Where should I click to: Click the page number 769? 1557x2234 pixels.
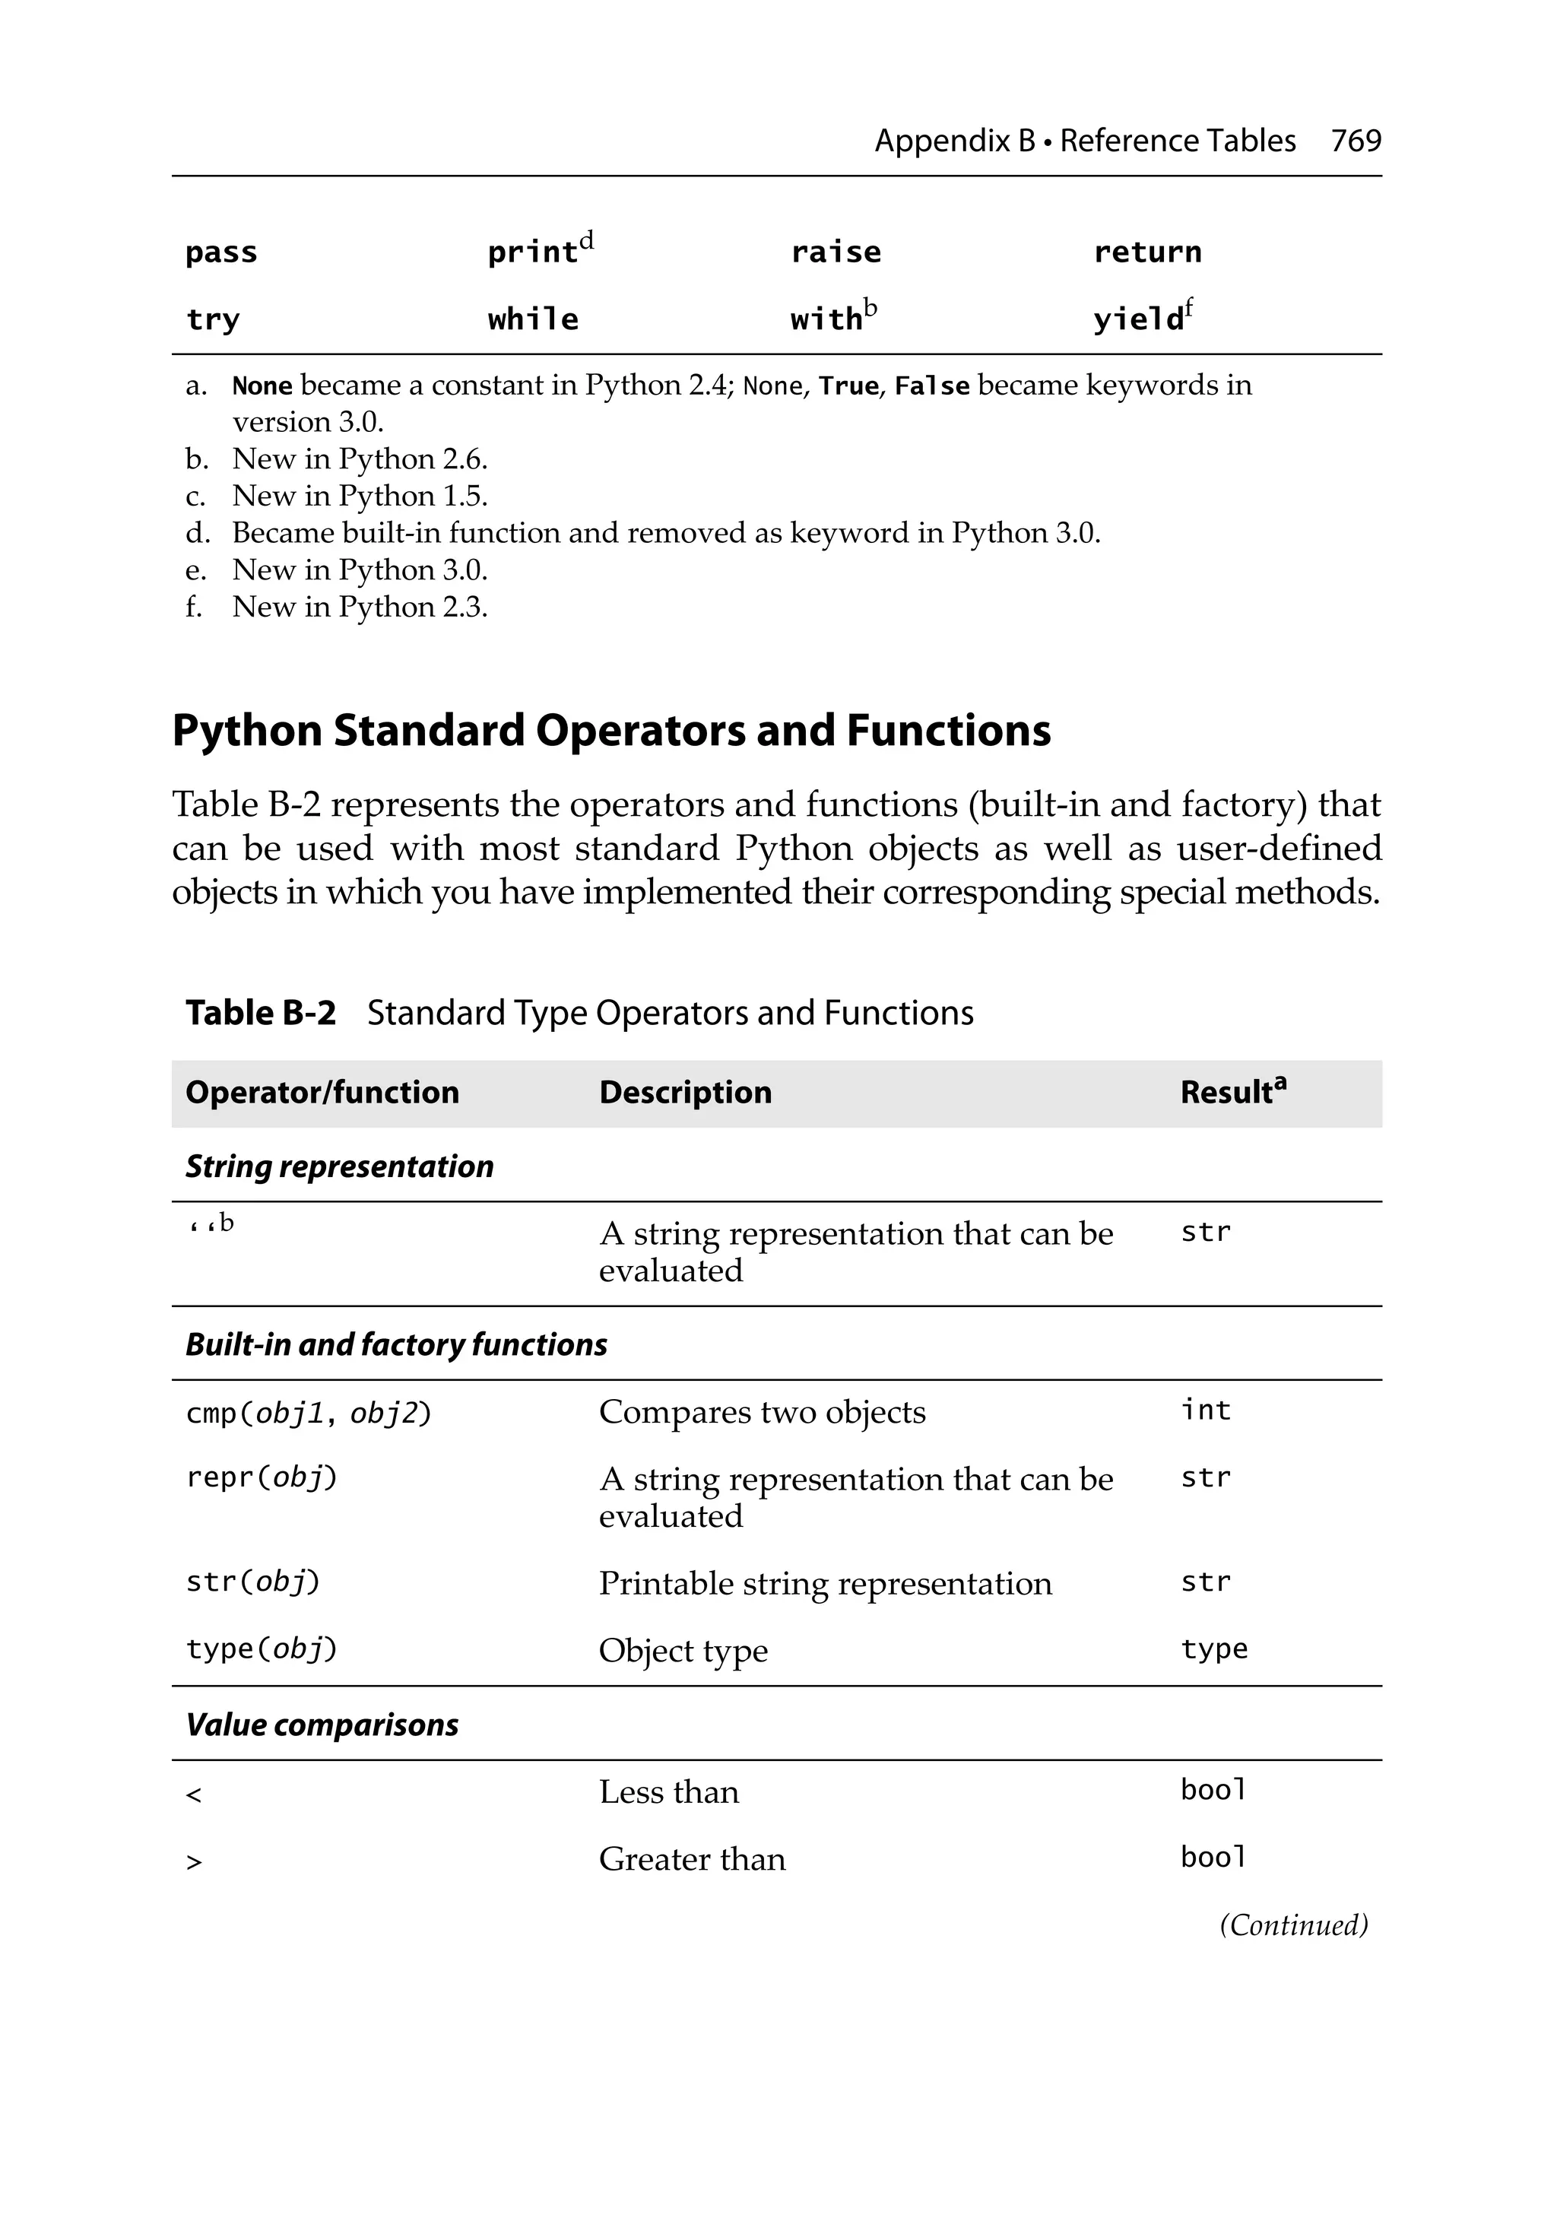pos(1355,141)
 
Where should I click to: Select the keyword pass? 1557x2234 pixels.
pos(221,253)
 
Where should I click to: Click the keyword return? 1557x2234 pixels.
pos(1146,253)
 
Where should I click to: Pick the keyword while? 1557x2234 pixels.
pos(532,319)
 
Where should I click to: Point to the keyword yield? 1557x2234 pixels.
pos(1137,319)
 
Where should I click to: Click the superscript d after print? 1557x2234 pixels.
pos(586,240)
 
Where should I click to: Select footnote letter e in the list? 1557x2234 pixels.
pos(195,570)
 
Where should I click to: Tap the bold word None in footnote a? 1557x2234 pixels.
pos(262,386)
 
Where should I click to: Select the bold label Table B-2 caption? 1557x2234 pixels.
pos(260,1013)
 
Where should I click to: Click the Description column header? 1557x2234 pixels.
pos(684,1093)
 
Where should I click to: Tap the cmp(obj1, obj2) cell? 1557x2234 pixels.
pos(307,1413)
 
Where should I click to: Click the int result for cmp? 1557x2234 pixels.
pos(1205,1411)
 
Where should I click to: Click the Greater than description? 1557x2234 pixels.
pos(691,1859)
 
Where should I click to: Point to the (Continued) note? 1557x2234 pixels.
pos(1293,1925)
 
